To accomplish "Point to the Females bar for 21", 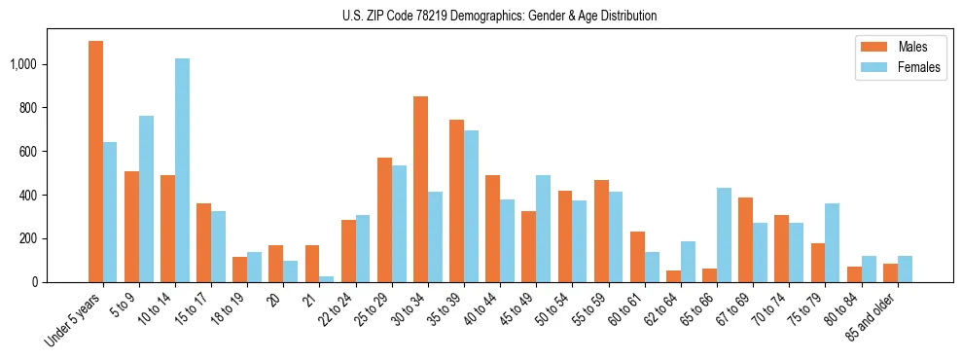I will pos(327,278).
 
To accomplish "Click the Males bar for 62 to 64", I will pos(673,275).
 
